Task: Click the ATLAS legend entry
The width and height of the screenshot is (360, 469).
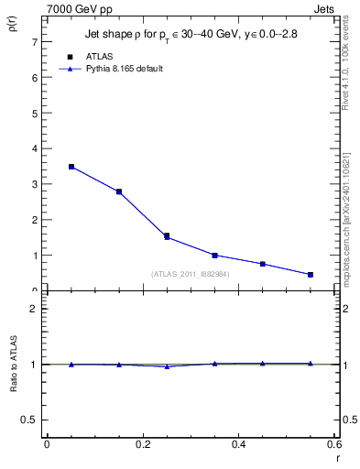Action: pos(99,57)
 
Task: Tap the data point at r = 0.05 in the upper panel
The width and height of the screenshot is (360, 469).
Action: pos(71,167)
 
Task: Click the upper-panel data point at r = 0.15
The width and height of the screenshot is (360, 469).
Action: pos(119,191)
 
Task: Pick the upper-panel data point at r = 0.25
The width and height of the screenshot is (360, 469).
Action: pos(167,236)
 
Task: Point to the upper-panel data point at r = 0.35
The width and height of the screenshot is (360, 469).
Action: pos(214,256)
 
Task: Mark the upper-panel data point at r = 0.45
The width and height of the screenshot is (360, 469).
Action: pos(263,264)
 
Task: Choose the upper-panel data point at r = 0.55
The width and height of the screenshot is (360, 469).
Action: pos(311,275)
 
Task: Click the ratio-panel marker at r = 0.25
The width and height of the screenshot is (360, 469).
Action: pos(167,366)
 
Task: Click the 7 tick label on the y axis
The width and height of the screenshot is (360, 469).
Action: pos(34,42)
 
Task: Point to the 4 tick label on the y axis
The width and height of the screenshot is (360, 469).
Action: pos(34,148)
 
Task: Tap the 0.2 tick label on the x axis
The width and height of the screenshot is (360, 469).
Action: pos(142,444)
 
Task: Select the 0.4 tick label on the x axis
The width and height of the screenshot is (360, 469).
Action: pos(238,444)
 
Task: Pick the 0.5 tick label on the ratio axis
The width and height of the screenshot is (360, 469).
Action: pos(29,420)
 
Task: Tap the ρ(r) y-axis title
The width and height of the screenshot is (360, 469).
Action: pos(14,21)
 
